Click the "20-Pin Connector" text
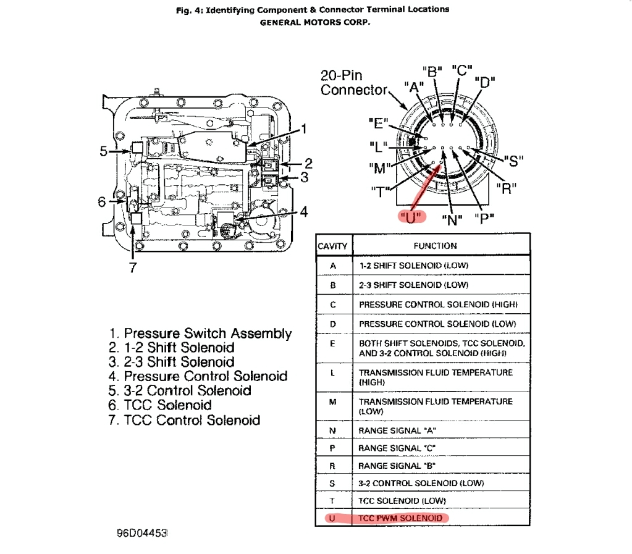(353, 83)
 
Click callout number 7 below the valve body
(132, 267)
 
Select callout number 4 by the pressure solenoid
(303, 211)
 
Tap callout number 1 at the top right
(303, 129)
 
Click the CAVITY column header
(333, 246)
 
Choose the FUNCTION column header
(435, 246)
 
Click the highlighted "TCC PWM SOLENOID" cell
(400, 518)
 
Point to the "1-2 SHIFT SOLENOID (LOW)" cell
(413, 266)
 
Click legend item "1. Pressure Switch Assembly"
(200, 334)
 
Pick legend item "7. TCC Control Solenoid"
(184, 421)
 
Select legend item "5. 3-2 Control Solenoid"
(180, 391)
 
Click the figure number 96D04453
(142, 532)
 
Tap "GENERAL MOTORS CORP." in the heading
(315, 23)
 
